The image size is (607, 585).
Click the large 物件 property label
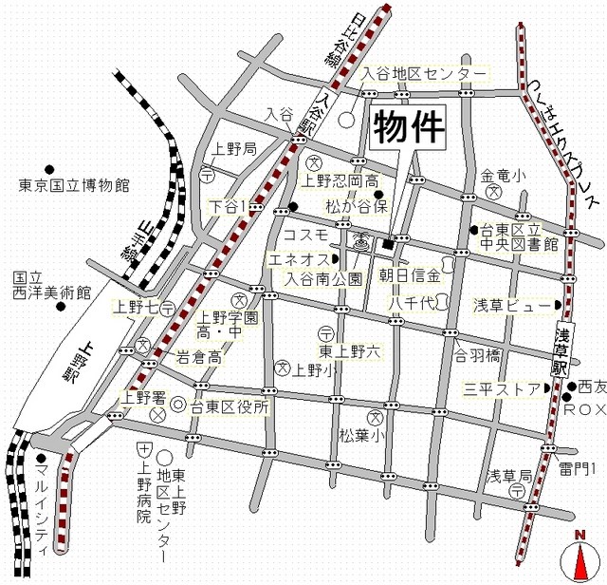point(408,128)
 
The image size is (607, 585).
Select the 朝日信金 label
point(410,276)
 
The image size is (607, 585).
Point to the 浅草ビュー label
point(511,306)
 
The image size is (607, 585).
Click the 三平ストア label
point(501,388)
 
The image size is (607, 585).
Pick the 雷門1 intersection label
point(577,467)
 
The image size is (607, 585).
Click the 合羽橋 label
point(476,357)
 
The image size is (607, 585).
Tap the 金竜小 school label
point(503,176)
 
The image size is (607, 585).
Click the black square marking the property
point(387,245)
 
